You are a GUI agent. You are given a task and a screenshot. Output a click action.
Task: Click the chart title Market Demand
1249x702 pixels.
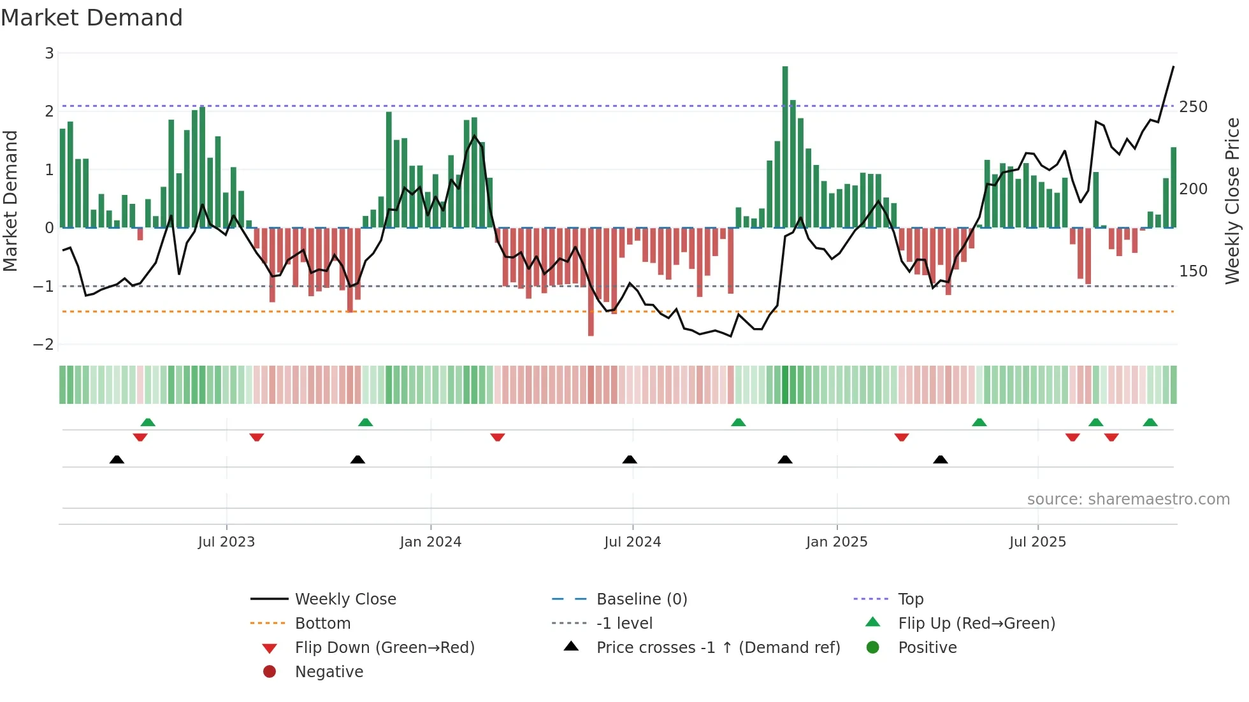point(92,18)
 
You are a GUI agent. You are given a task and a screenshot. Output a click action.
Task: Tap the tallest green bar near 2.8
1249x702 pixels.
point(785,147)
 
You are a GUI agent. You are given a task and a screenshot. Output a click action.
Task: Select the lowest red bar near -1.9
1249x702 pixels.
point(591,282)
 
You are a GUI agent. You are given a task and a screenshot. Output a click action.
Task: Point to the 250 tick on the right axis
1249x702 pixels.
point(1193,107)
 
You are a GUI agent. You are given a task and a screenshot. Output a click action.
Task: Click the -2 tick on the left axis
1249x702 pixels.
point(44,345)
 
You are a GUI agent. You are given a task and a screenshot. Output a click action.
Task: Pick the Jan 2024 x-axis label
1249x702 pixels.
point(430,542)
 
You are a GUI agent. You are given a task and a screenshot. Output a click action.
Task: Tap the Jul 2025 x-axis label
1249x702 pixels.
point(1037,542)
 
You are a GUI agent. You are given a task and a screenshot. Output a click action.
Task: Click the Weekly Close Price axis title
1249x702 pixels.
point(1232,201)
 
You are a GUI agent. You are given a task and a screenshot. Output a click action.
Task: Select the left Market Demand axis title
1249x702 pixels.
point(10,201)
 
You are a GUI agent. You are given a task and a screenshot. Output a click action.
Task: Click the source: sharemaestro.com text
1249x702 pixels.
point(1128,499)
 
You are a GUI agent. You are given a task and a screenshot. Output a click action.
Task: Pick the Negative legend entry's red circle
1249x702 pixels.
point(270,672)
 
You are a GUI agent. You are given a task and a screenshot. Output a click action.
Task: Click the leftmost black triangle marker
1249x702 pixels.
point(117,459)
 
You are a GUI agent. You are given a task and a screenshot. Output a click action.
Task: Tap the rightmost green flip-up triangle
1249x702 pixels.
point(1150,422)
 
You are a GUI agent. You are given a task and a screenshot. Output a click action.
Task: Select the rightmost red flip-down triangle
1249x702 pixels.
point(1111,437)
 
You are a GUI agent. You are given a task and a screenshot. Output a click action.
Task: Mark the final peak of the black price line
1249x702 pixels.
point(1173,67)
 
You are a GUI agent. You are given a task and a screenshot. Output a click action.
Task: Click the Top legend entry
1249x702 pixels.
point(911,599)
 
